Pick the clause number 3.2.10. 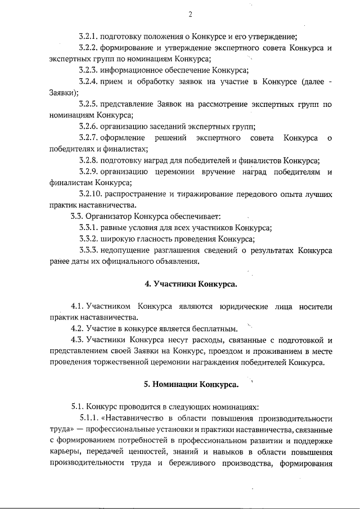coord(91,193)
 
